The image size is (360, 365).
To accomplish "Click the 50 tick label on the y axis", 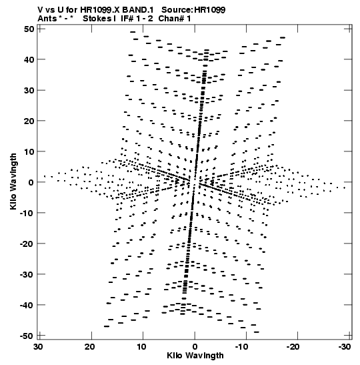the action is tap(29, 29).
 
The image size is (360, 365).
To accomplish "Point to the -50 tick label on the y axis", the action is tap(27, 336).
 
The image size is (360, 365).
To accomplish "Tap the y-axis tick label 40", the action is tap(29, 59).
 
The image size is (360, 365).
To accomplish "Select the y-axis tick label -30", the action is tap(27, 274).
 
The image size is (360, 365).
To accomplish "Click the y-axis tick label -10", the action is tap(27, 213).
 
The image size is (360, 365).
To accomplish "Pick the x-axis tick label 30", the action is tap(38, 347).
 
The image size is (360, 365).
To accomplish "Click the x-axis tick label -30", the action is tap(345, 347).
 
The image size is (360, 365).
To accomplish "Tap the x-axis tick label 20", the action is tap(89, 347).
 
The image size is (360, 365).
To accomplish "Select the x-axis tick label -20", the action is tap(293, 347).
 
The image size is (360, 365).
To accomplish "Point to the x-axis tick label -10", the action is tap(241, 347).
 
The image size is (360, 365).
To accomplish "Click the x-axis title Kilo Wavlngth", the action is tap(195, 356).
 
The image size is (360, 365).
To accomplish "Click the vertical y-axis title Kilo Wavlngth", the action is tap(13, 181).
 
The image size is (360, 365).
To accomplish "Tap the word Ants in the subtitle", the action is tap(47, 19).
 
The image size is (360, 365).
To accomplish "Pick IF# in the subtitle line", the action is tap(127, 19).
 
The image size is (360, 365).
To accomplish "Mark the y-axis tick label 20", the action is tap(29, 121).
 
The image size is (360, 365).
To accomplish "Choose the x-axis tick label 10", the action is tap(141, 347).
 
